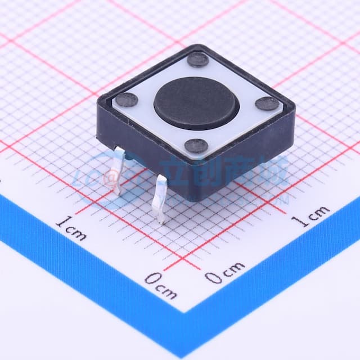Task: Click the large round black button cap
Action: click(x=196, y=104)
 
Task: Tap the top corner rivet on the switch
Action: click(x=198, y=60)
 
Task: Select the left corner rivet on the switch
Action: click(x=128, y=100)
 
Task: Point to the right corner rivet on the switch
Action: click(x=266, y=103)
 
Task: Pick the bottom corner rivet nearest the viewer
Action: click(x=196, y=146)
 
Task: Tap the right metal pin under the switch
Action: click(x=160, y=199)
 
